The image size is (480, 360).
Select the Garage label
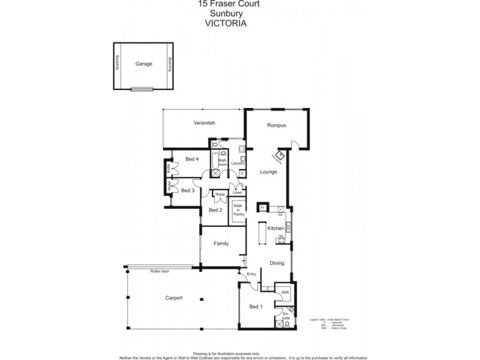point(143,64)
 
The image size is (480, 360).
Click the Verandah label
point(204,123)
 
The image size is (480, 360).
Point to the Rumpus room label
point(277,125)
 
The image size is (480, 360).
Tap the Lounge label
point(268,172)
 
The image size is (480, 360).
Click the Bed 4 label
point(192,159)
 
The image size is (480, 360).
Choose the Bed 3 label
point(188,190)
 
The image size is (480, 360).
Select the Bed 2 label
point(215,210)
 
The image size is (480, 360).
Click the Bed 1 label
point(256,307)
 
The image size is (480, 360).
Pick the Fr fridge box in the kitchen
point(262,208)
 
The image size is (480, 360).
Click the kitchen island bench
point(263,234)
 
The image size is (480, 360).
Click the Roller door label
point(160,272)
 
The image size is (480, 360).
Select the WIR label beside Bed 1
point(285,293)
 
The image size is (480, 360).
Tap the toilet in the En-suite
point(289,324)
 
